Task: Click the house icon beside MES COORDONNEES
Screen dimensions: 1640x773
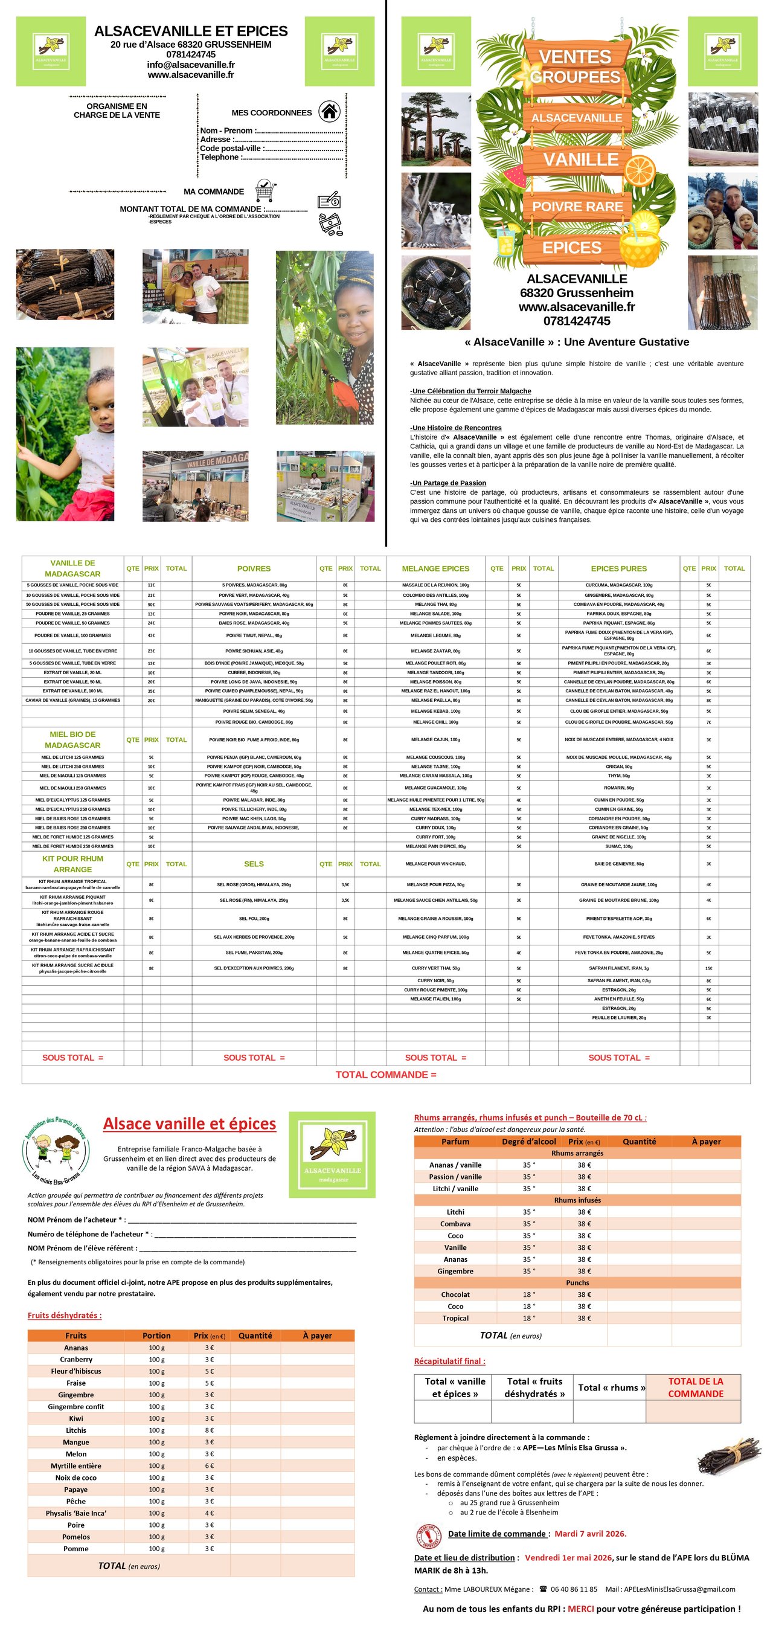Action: (329, 111)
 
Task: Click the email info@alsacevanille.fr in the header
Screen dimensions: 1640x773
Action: (190, 64)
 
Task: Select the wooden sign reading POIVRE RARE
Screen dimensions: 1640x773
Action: (577, 206)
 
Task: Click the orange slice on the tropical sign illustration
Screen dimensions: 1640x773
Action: (640, 169)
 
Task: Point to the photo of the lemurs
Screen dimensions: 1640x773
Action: (435, 211)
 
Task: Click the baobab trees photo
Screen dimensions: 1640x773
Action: (435, 129)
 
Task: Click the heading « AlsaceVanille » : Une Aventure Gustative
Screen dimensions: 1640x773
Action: (576, 342)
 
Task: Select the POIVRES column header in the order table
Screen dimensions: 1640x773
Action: (254, 568)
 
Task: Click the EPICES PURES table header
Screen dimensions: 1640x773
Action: (618, 568)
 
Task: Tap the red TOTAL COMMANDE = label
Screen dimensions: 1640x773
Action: (386, 1075)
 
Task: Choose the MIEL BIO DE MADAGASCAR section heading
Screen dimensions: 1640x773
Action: (72, 740)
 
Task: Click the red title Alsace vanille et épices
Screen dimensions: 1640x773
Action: (190, 1124)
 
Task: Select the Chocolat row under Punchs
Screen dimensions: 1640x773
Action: (455, 1294)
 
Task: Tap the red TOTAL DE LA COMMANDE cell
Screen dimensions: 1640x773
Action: (695, 1388)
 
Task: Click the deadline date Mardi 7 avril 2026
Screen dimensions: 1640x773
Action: (590, 1534)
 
